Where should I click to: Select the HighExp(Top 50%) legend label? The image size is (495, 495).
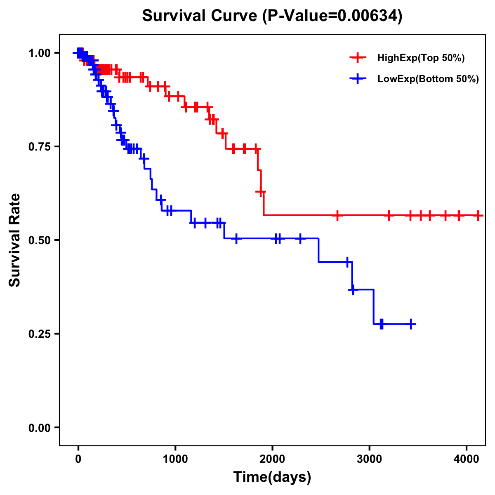[x=421, y=58]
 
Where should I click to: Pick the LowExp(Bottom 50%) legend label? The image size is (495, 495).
[x=428, y=79]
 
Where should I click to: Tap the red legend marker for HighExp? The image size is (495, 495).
[x=358, y=58]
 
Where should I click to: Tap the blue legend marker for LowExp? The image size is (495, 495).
[x=358, y=79]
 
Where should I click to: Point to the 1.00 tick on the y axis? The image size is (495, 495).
[x=40, y=53]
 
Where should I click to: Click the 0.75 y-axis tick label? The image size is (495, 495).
[x=40, y=147]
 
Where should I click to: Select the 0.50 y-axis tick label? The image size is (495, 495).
[x=40, y=240]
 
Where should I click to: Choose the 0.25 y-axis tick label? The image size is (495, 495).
[x=40, y=334]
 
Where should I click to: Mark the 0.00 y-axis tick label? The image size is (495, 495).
[x=40, y=428]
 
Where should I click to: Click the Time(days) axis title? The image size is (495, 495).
[x=272, y=477]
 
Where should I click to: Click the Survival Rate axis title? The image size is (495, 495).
[x=15, y=240]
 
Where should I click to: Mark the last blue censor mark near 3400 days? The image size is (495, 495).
[x=411, y=324]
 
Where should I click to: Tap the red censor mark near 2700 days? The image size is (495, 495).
[x=337, y=215]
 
